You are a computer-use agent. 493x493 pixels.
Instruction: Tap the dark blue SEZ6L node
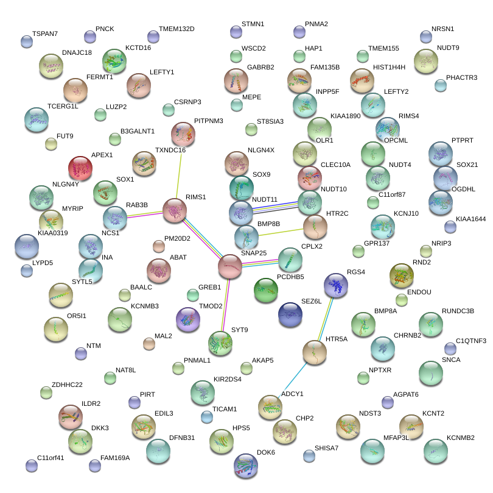point(290,314)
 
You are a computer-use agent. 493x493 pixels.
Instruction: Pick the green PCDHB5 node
point(265,291)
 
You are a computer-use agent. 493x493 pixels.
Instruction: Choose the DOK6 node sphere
point(246,466)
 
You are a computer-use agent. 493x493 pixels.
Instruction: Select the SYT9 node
point(220,343)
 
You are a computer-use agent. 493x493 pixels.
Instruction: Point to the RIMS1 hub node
point(175,210)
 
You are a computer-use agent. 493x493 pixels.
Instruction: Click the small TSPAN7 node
point(27,41)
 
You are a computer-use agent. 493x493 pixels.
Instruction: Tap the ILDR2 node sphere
point(71,417)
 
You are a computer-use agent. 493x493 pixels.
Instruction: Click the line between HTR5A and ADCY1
point(293,380)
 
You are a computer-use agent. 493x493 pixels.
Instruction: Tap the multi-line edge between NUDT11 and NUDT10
point(276,207)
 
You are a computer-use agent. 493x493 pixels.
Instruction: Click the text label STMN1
point(253,24)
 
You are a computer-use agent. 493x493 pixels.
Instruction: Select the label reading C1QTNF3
point(470,341)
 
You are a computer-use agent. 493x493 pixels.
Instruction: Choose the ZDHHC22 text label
point(67,385)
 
